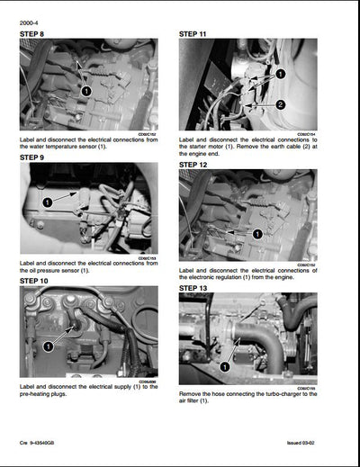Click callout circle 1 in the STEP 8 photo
[x=86, y=91]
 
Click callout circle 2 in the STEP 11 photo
[x=280, y=104]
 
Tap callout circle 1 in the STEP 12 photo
[x=257, y=233]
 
